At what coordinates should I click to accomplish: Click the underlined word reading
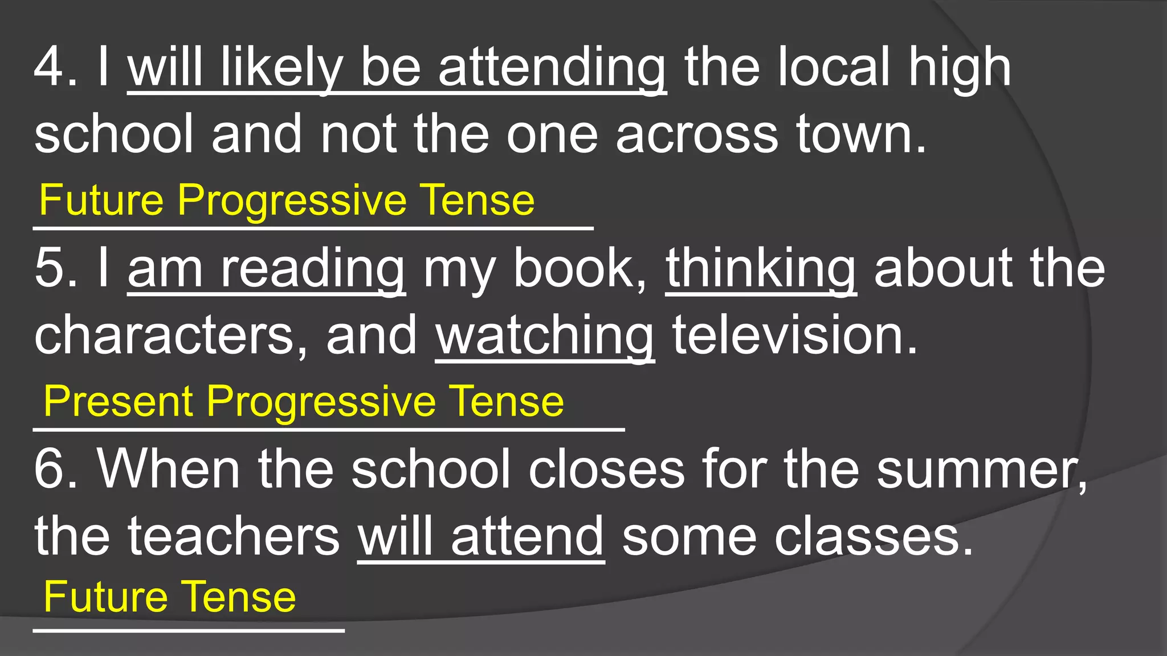click(313, 269)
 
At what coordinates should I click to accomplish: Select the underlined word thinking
click(761, 269)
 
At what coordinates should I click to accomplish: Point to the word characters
click(165, 336)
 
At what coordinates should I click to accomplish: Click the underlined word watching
click(545, 336)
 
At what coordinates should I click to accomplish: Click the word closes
click(606, 469)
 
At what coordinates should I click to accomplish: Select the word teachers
click(234, 536)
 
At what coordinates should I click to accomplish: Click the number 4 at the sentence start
click(49, 68)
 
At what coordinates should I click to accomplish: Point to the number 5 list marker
click(49, 269)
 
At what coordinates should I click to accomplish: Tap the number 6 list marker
click(49, 469)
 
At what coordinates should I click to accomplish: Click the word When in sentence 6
click(169, 469)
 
